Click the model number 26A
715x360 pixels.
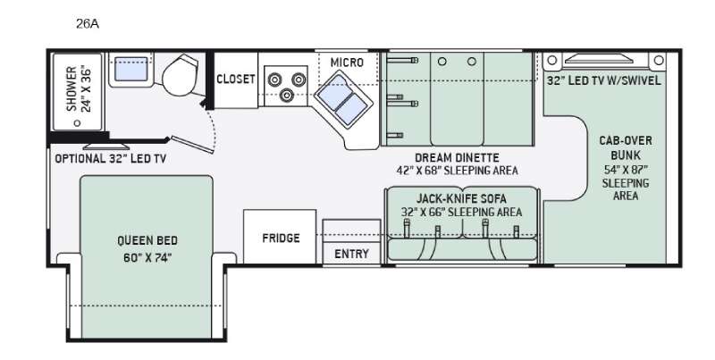87,24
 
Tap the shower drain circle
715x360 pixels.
77,123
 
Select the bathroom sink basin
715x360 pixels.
130,69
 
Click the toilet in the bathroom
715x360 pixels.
181,75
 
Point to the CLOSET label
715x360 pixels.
235,80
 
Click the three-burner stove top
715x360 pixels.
286,86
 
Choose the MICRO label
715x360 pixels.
347,63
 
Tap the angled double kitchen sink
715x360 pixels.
343,99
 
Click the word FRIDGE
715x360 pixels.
281,238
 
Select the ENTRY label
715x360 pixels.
351,254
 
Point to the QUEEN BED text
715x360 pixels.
147,240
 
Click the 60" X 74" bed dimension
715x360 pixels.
147,258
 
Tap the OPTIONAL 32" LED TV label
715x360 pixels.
110,159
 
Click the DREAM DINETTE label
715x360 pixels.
457,158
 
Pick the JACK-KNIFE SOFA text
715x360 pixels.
461,199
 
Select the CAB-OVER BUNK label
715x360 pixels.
626,147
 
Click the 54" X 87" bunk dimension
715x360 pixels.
626,170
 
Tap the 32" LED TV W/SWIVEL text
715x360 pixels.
604,80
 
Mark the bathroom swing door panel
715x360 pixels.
192,145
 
